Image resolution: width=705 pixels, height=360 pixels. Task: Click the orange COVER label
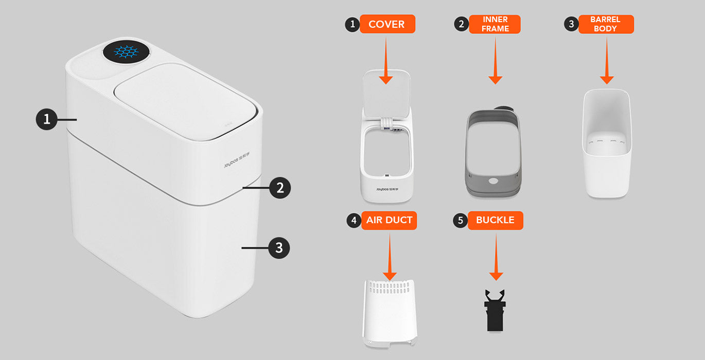click(x=387, y=24)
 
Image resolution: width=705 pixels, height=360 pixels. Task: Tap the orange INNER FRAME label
click(x=495, y=24)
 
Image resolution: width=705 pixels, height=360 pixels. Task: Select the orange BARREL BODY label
click(x=606, y=24)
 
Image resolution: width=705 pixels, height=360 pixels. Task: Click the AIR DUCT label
click(x=389, y=220)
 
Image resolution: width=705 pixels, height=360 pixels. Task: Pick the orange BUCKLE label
click(x=496, y=220)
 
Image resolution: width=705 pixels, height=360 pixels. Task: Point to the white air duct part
click(x=390, y=313)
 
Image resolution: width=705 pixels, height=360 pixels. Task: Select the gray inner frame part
click(x=493, y=153)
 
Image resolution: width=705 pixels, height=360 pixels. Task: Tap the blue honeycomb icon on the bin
click(x=126, y=52)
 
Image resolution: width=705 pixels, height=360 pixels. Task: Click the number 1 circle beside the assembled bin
click(x=47, y=119)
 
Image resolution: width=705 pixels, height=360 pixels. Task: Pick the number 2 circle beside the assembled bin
click(x=280, y=188)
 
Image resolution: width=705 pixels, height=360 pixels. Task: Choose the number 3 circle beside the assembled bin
click(x=279, y=248)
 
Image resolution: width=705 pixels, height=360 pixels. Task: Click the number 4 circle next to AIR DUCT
click(x=354, y=221)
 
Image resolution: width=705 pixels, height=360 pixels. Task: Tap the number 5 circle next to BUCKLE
click(x=460, y=221)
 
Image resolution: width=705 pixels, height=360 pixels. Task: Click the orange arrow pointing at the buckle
click(x=496, y=257)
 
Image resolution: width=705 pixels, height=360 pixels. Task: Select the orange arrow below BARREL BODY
click(x=607, y=60)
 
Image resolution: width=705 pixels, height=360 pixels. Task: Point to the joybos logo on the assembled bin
click(x=237, y=160)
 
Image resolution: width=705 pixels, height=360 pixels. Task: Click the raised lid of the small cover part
click(x=387, y=94)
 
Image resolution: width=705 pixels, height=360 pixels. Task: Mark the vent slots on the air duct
click(x=390, y=287)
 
